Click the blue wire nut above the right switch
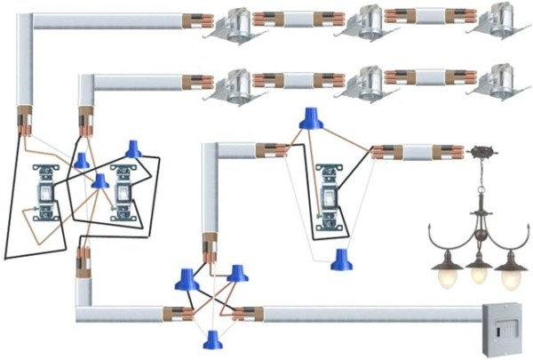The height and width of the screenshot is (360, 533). pos(310,117)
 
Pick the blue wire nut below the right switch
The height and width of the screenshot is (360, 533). pos(340,259)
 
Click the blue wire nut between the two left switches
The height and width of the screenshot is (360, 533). pos(99,181)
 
